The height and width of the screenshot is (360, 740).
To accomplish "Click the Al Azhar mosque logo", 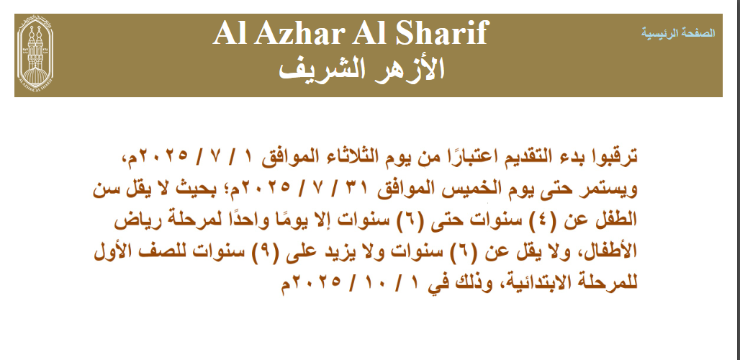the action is tap(35, 54).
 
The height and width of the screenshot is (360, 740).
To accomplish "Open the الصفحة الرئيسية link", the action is tap(677, 33).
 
